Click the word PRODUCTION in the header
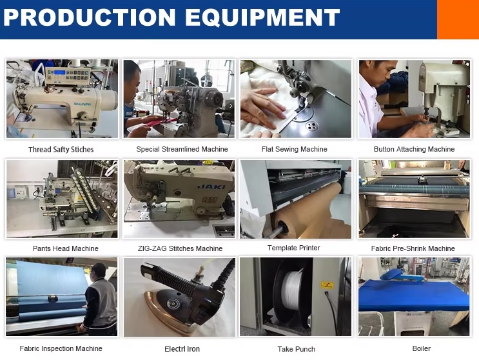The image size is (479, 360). click(90, 17)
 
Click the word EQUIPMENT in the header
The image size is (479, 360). click(262, 17)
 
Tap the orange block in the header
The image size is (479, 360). click(458, 19)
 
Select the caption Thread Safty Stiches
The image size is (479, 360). click(61, 150)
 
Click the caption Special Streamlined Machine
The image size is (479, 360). click(182, 149)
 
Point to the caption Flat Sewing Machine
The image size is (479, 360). click(294, 149)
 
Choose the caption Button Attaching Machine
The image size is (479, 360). click(414, 149)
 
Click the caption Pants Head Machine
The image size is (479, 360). click(65, 248)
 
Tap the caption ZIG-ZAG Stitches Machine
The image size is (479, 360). click(180, 248)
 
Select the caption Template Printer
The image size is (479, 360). click(293, 248)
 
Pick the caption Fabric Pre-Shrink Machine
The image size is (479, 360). click(413, 248)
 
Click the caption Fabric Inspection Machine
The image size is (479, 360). click(61, 348)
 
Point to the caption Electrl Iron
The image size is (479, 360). click(182, 348)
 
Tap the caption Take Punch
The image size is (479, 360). click(296, 349)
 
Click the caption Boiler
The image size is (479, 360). click(421, 348)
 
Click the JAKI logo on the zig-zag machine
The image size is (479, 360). click(211, 186)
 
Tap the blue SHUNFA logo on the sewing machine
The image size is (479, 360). click(82, 105)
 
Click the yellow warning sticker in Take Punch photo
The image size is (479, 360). click(327, 285)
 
